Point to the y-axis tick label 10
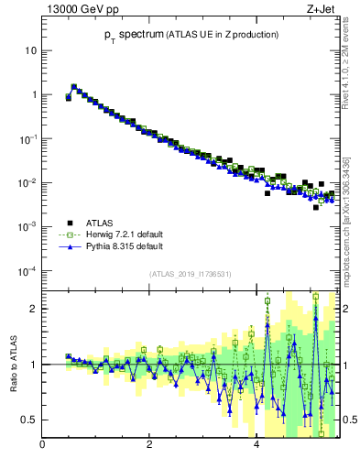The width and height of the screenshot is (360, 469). pos(31,50)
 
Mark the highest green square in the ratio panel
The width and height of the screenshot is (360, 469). pos(315,297)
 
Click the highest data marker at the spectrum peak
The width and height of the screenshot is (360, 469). pos(73,87)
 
